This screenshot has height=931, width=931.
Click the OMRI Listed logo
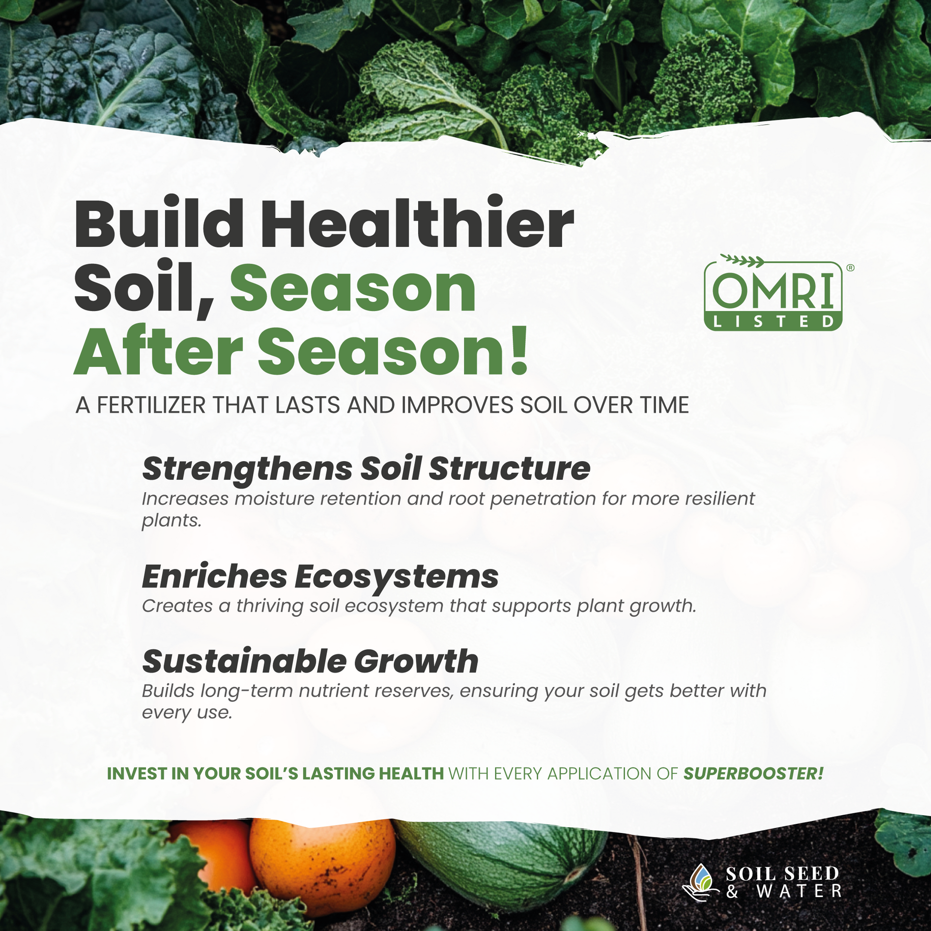coord(773,293)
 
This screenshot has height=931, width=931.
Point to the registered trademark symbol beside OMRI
coord(850,267)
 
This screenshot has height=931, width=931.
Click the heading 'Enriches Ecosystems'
coord(321,577)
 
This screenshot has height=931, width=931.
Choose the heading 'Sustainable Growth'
coord(310,661)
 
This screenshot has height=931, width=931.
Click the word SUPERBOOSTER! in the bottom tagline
coord(754,774)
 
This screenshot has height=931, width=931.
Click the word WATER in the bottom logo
coord(799,891)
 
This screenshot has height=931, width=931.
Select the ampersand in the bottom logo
coord(732,891)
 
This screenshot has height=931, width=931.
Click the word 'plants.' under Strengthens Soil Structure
coord(172,521)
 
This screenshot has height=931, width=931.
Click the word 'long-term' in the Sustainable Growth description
coord(247,691)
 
